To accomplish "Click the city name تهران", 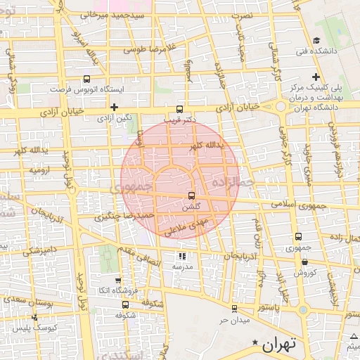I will (280, 345).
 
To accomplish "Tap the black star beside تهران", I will (255, 342).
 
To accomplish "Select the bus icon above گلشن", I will (191, 196).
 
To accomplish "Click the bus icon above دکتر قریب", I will (179, 109).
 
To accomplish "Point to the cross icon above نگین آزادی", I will (114, 107).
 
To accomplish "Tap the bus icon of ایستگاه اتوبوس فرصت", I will (86, 79).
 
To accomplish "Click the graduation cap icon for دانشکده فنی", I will (317, 40).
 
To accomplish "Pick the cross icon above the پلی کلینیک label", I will (316, 76).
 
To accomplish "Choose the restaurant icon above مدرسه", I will (182, 257).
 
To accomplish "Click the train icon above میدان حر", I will (233, 309).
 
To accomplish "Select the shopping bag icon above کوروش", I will (304, 261).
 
